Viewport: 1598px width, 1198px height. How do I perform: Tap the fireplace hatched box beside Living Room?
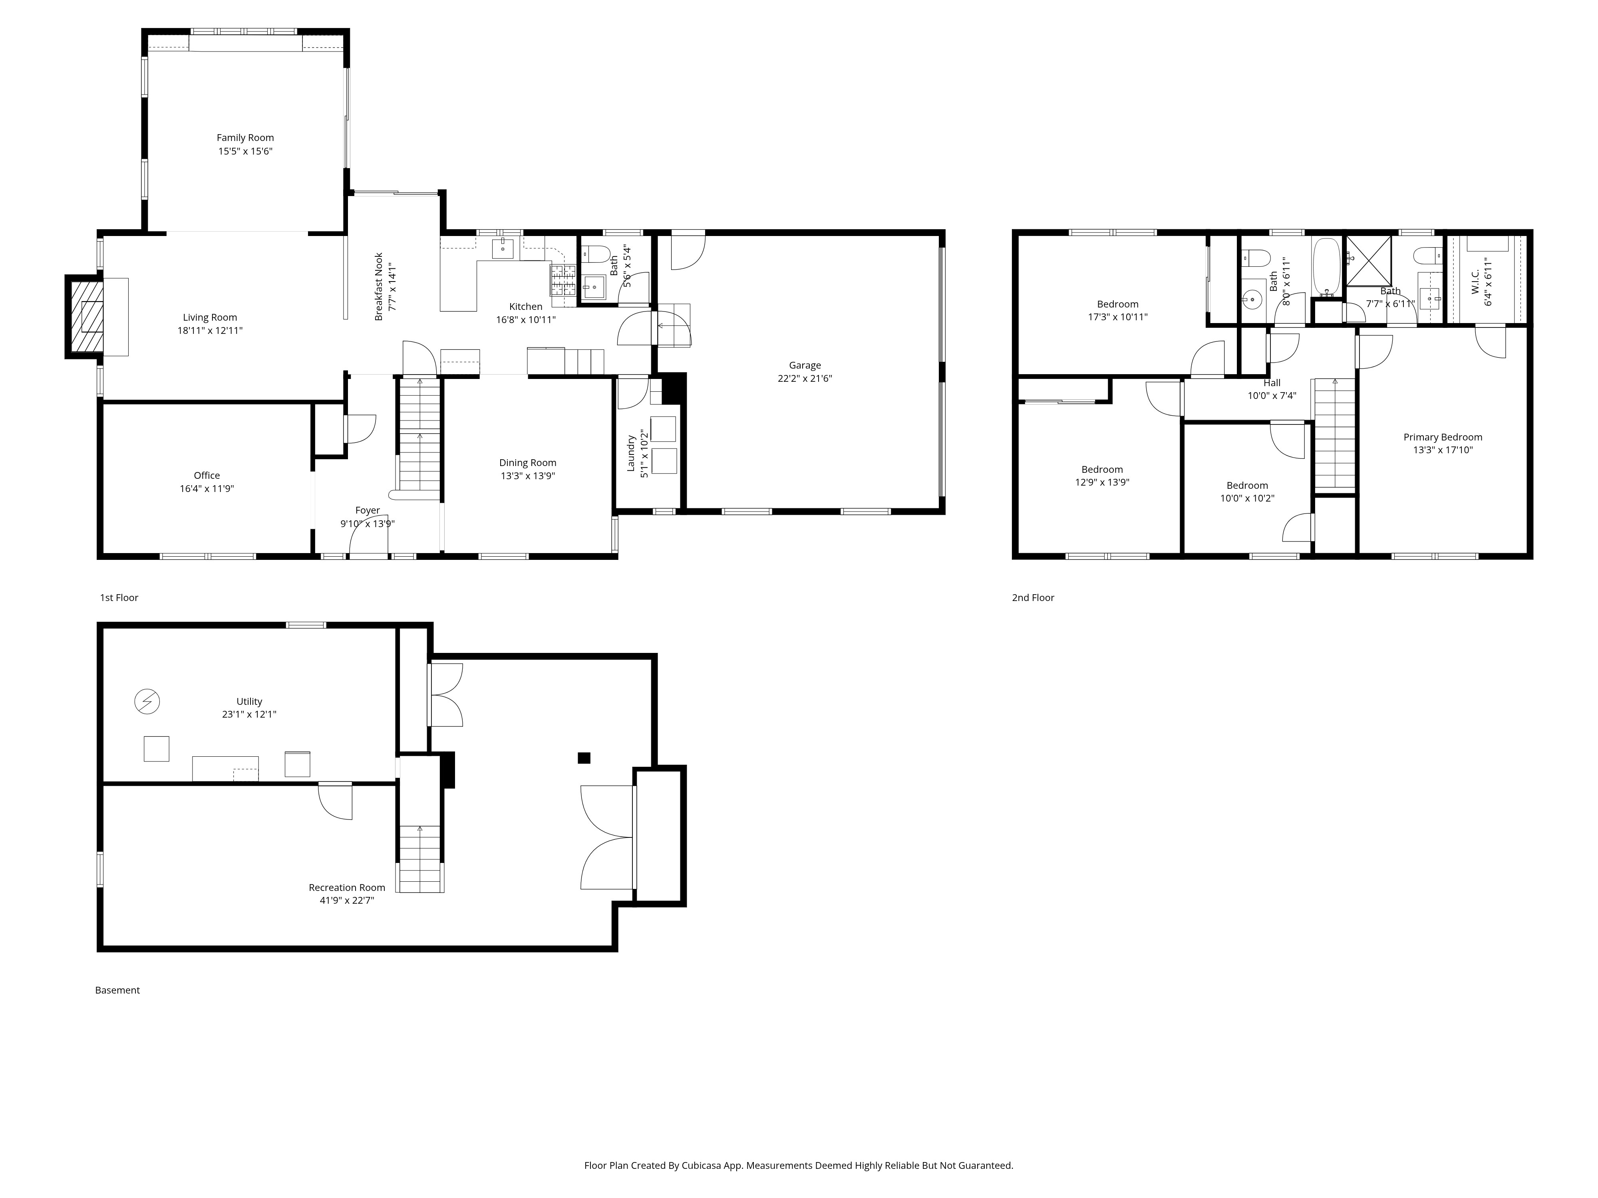(85, 316)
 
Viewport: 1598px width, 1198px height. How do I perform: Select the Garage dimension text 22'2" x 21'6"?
(805, 379)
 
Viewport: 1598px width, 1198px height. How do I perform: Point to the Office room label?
(207, 475)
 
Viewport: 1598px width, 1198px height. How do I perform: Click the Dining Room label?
(527, 463)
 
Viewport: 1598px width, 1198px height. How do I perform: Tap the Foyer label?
(367, 510)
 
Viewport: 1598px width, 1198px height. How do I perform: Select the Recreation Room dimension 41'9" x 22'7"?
(347, 900)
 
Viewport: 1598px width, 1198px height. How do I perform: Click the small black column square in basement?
(584, 758)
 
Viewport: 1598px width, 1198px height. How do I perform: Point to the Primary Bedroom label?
(1443, 437)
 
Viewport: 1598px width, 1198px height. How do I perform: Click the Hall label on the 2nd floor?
(1272, 383)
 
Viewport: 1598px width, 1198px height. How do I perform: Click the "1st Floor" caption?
(119, 598)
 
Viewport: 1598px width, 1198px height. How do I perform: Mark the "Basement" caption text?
(117, 990)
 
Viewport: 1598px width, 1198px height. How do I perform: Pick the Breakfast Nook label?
(379, 287)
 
